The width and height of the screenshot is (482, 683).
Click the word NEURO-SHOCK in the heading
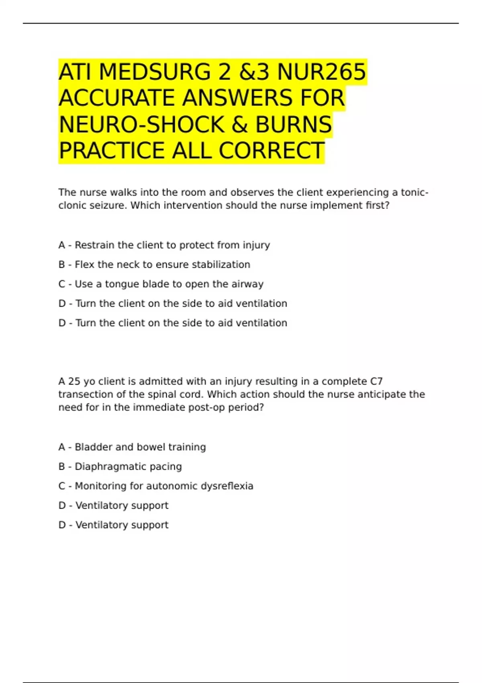click(x=142, y=125)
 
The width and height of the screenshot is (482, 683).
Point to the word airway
click(x=247, y=284)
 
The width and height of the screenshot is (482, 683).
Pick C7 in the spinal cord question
click(x=376, y=381)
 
